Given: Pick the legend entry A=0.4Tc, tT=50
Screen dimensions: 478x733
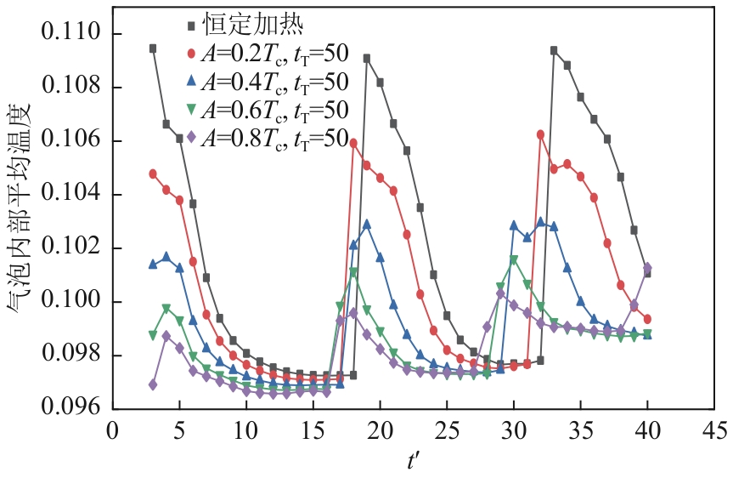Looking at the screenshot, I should [x=267, y=82].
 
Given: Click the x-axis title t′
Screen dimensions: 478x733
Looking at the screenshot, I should [x=414, y=460].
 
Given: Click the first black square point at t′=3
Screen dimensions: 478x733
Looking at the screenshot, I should [x=153, y=48].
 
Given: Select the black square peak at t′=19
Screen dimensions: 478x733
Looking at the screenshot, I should [x=367, y=59].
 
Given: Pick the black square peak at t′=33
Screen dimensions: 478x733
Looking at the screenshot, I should [x=554, y=50].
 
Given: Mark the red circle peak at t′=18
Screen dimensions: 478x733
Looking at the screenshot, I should [x=353, y=143].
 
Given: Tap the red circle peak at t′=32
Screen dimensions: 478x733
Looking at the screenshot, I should [x=540, y=134].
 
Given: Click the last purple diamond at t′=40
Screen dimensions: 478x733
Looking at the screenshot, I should [x=647, y=268].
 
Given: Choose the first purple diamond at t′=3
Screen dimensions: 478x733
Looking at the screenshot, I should [x=153, y=384].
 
